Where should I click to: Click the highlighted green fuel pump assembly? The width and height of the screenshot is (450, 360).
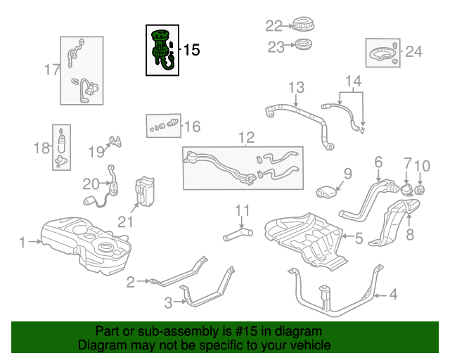pyautogui.click(x=163, y=49)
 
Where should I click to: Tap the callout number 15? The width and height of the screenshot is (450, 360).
pyautogui.click(x=191, y=50)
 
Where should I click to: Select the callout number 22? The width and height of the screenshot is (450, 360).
pyautogui.click(x=274, y=26)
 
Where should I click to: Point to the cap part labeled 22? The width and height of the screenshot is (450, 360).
pyautogui.click(x=303, y=25)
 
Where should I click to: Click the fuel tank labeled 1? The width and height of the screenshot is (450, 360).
pyautogui.click(x=86, y=245)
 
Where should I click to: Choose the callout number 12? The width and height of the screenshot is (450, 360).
pyautogui.click(x=246, y=138)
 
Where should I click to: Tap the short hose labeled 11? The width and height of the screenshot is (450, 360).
pyautogui.click(x=238, y=234)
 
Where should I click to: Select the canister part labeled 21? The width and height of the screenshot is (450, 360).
pyautogui.click(x=145, y=191)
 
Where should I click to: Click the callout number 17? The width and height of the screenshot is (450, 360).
pyautogui.click(x=52, y=70)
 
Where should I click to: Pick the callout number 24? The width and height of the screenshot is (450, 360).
pyautogui.click(x=414, y=51)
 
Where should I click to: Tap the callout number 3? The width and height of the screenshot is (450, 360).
pyautogui.click(x=169, y=302)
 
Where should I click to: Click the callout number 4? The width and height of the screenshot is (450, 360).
pyautogui.click(x=393, y=295)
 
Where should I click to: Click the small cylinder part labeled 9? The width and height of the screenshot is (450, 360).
pyautogui.click(x=327, y=192)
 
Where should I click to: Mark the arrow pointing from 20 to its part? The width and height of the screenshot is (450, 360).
pyautogui.click(x=105, y=183)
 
